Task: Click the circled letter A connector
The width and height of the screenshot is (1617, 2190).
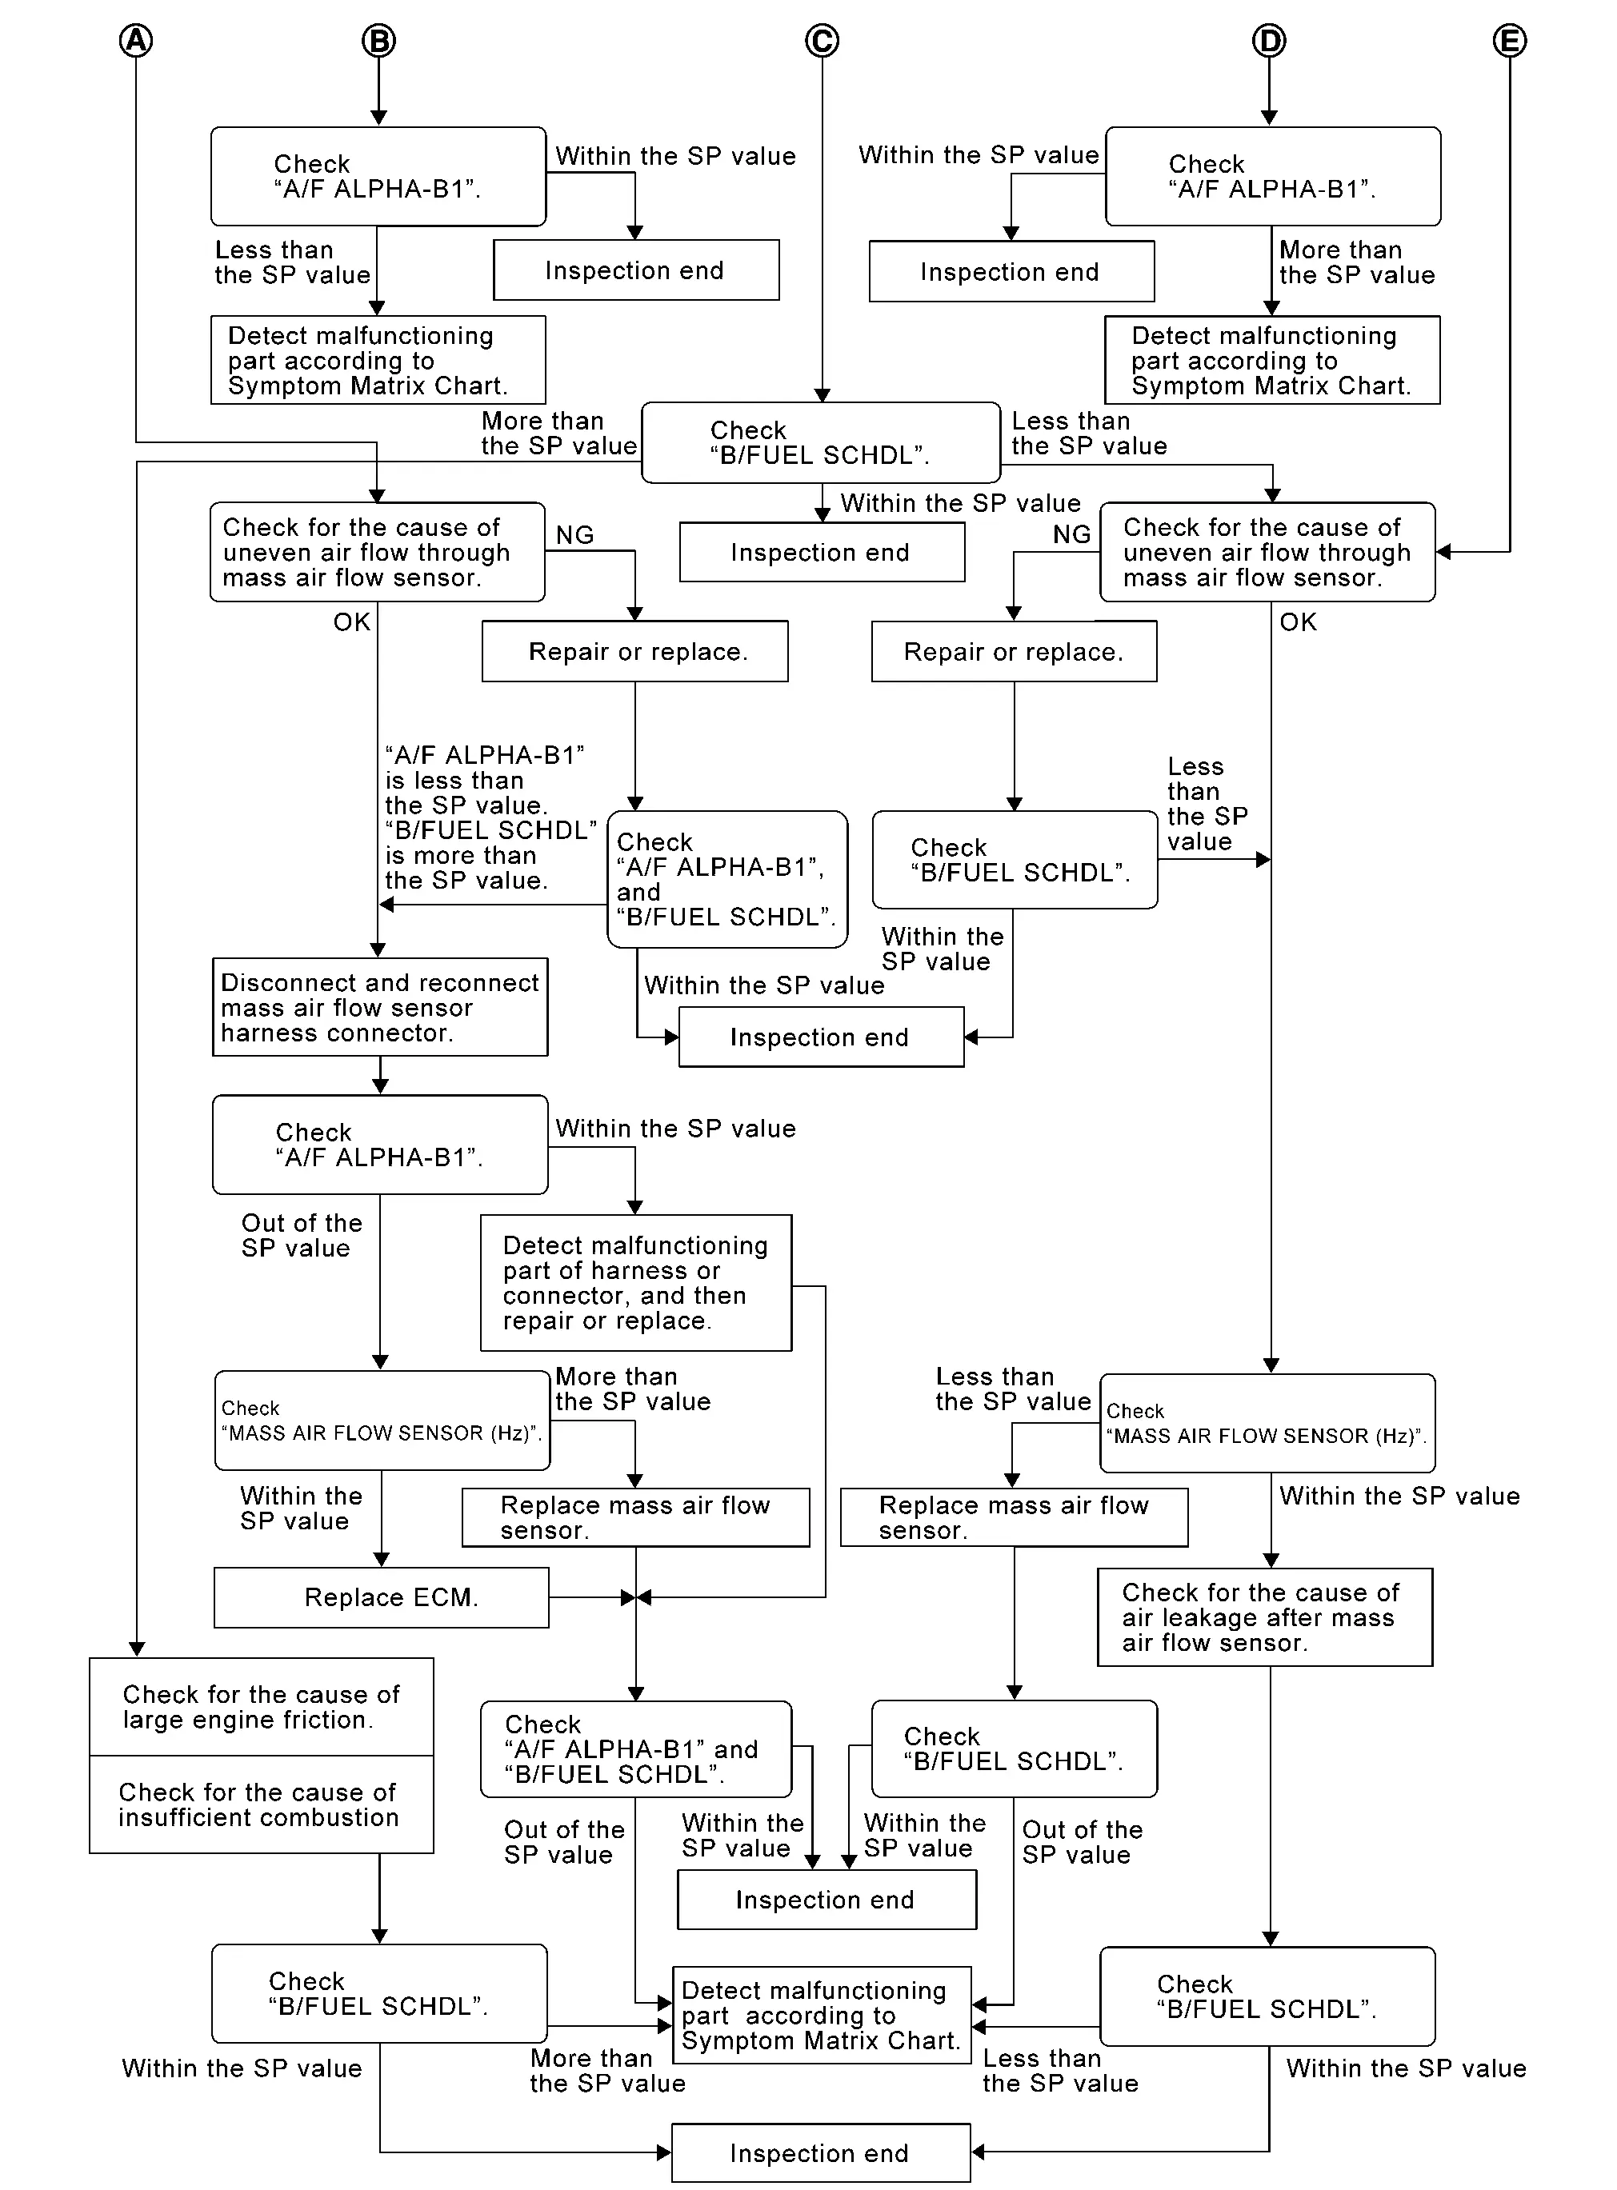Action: pos(136,40)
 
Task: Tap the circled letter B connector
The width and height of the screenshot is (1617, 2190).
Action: pos(378,40)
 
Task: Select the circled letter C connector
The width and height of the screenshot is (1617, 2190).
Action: pos(821,40)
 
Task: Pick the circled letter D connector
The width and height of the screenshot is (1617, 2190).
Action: pos(1268,40)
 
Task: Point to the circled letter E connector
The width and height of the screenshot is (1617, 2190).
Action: pos(1509,40)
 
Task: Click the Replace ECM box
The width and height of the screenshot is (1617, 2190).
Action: pos(382,1597)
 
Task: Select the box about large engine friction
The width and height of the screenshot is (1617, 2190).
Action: pos(262,1707)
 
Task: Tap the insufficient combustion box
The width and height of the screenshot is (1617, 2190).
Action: pos(262,1804)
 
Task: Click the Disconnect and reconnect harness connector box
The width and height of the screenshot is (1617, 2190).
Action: pos(380,1007)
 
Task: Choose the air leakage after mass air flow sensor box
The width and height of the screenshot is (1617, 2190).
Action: pos(1265,1617)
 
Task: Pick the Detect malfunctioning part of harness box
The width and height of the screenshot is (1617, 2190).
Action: pos(635,1283)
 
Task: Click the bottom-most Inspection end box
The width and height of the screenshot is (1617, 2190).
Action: pos(820,2153)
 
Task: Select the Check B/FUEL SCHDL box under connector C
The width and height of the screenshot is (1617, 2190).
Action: pos(820,442)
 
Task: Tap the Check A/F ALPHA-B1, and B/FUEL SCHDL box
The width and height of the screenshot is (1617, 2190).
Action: pos(727,879)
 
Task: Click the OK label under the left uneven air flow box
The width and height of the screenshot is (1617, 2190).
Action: pos(351,622)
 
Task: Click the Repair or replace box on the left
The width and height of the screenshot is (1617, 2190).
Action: pos(634,651)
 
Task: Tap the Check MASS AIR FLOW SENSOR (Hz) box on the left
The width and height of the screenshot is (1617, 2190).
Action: pos(382,1420)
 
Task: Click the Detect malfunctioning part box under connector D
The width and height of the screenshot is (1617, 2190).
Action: pos(1271,360)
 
